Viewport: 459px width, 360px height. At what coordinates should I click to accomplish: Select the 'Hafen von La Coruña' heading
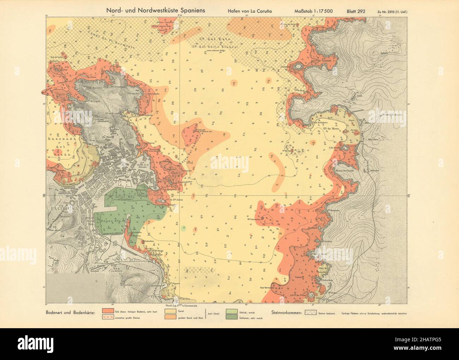(251, 11)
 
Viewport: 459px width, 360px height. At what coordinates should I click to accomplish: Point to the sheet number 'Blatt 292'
(356, 11)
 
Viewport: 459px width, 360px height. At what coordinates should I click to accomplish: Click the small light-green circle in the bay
(183, 229)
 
